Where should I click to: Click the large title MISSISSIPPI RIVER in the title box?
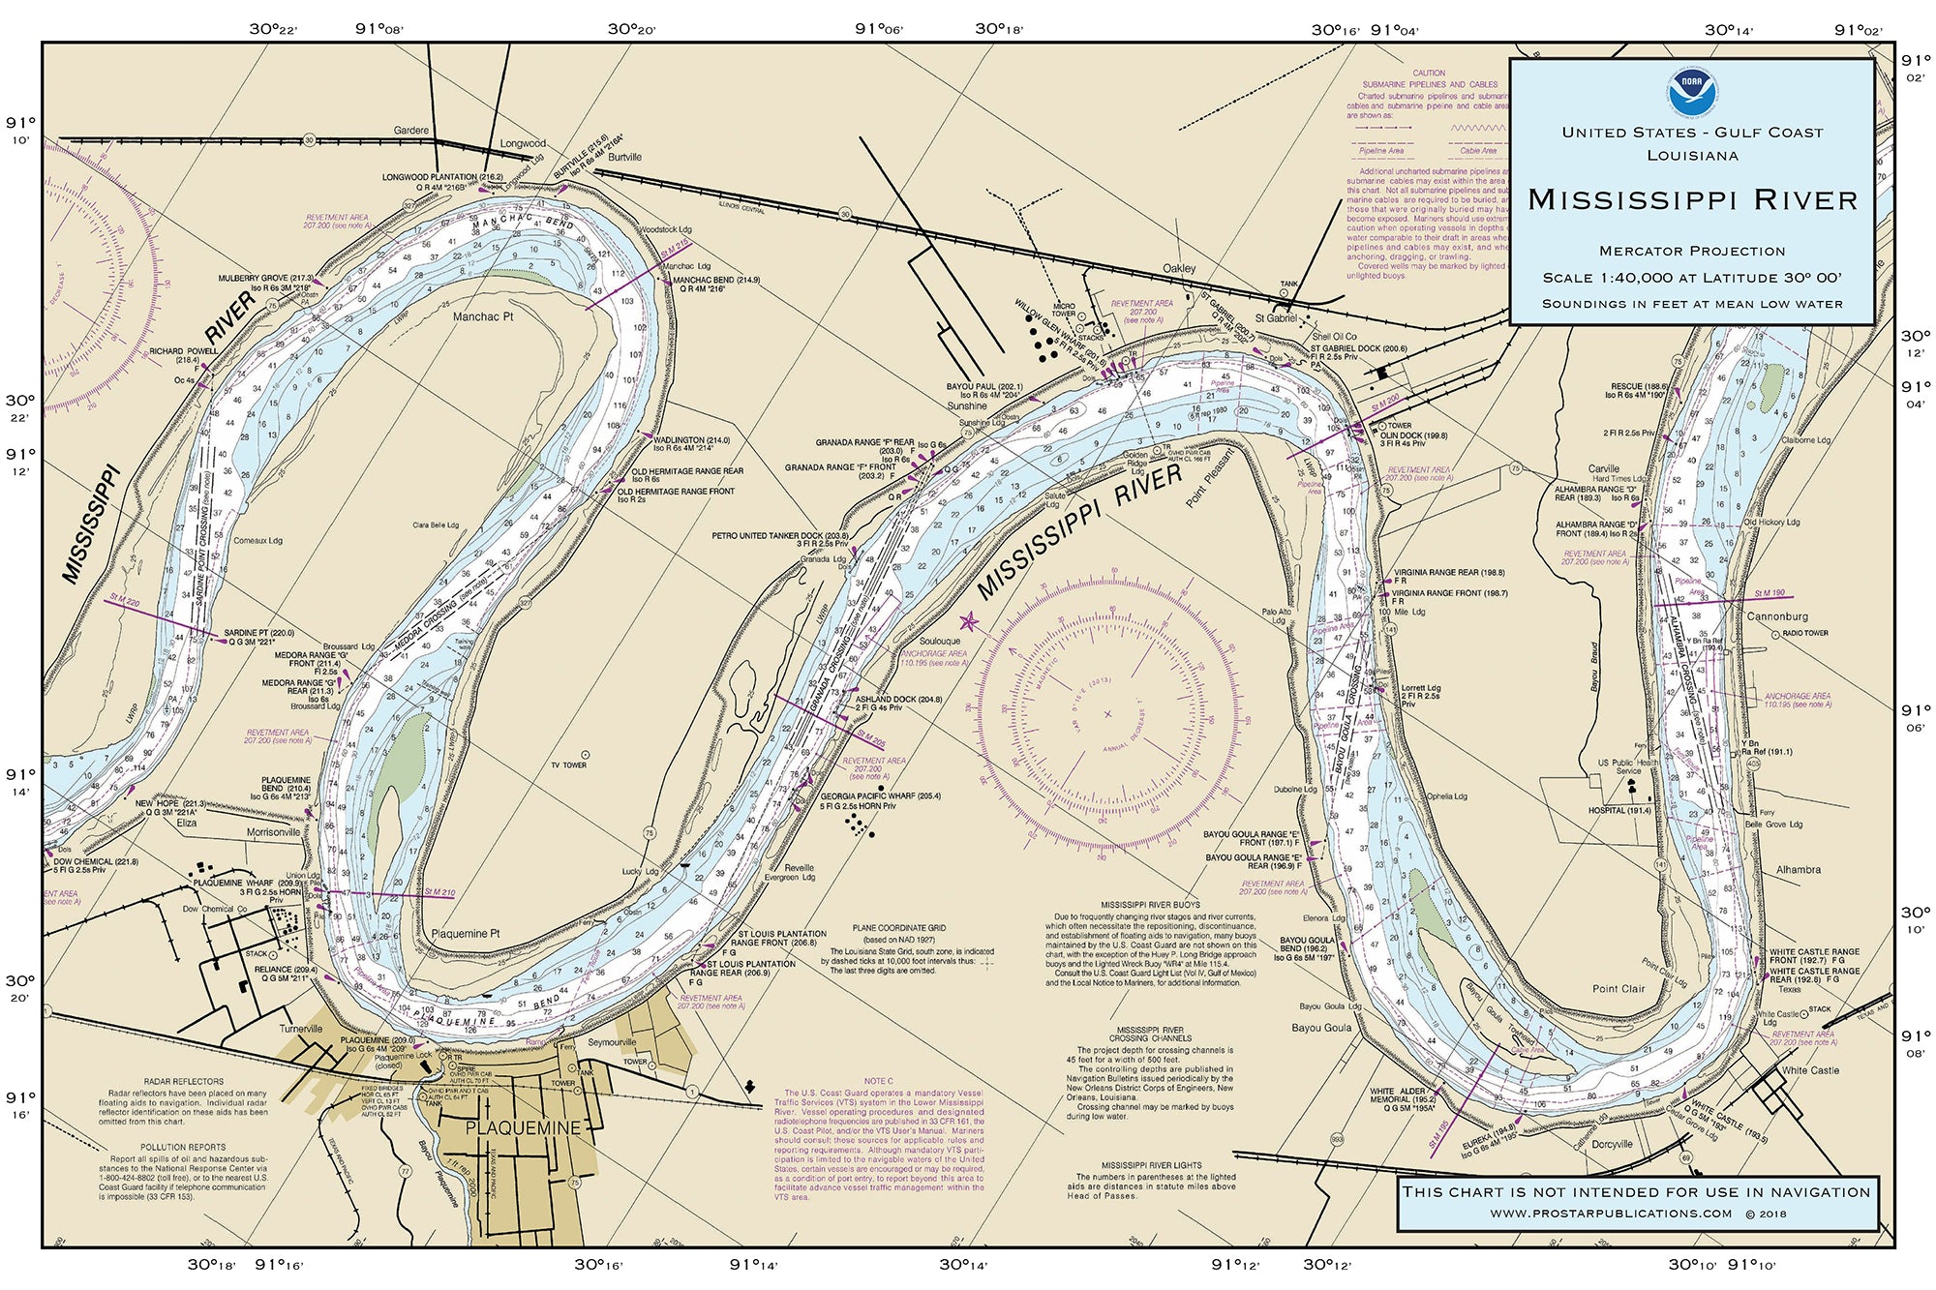click(1692, 200)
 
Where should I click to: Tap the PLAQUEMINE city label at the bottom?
click(523, 1128)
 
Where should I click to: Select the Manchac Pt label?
click(483, 316)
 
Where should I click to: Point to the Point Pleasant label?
click(1210, 477)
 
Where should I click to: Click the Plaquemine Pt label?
click(466, 934)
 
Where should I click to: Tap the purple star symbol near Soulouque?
click(968, 622)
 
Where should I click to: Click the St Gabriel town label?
click(1275, 318)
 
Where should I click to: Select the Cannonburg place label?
click(1777, 616)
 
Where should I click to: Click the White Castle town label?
click(1810, 1070)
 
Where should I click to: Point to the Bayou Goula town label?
click(1321, 1028)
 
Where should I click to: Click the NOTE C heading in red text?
click(878, 1081)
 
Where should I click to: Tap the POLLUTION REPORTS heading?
click(183, 1147)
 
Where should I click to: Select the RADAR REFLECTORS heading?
click(184, 1082)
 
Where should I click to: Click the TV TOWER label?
click(568, 765)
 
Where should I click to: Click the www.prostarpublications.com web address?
click(1611, 1214)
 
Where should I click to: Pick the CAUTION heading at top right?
click(1428, 74)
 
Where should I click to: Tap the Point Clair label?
click(1618, 989)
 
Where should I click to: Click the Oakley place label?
click(1179, 268)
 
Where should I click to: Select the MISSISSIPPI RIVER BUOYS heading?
click(1149, 905)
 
